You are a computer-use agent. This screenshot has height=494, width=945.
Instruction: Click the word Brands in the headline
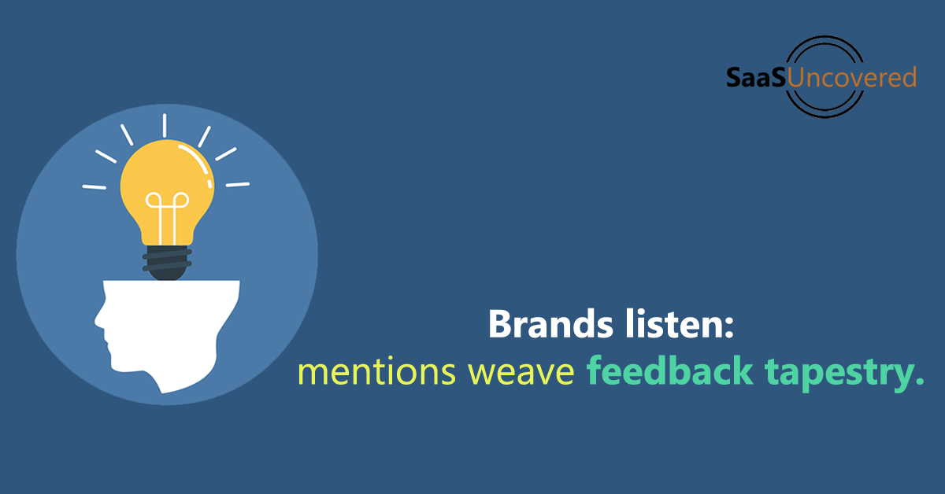tap(550, 324)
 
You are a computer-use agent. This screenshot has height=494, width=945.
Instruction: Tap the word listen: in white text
tap(680, 323)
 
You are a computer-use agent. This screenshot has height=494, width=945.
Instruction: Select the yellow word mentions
tap(376, 371)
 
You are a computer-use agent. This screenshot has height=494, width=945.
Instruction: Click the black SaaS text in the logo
tap(755, 77)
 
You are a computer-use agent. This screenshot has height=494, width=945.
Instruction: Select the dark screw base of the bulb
tap(167, 263)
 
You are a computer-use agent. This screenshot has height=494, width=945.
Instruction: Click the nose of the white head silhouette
tap(99, 319)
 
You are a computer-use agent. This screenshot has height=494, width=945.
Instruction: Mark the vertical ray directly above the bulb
tap(165, 126)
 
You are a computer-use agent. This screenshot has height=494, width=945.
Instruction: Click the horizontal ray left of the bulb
tap(94, 186)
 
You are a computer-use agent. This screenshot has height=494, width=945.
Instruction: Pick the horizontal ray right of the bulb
tap(238, 185)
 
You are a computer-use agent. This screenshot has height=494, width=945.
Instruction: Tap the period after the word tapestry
tap(920, 380)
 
